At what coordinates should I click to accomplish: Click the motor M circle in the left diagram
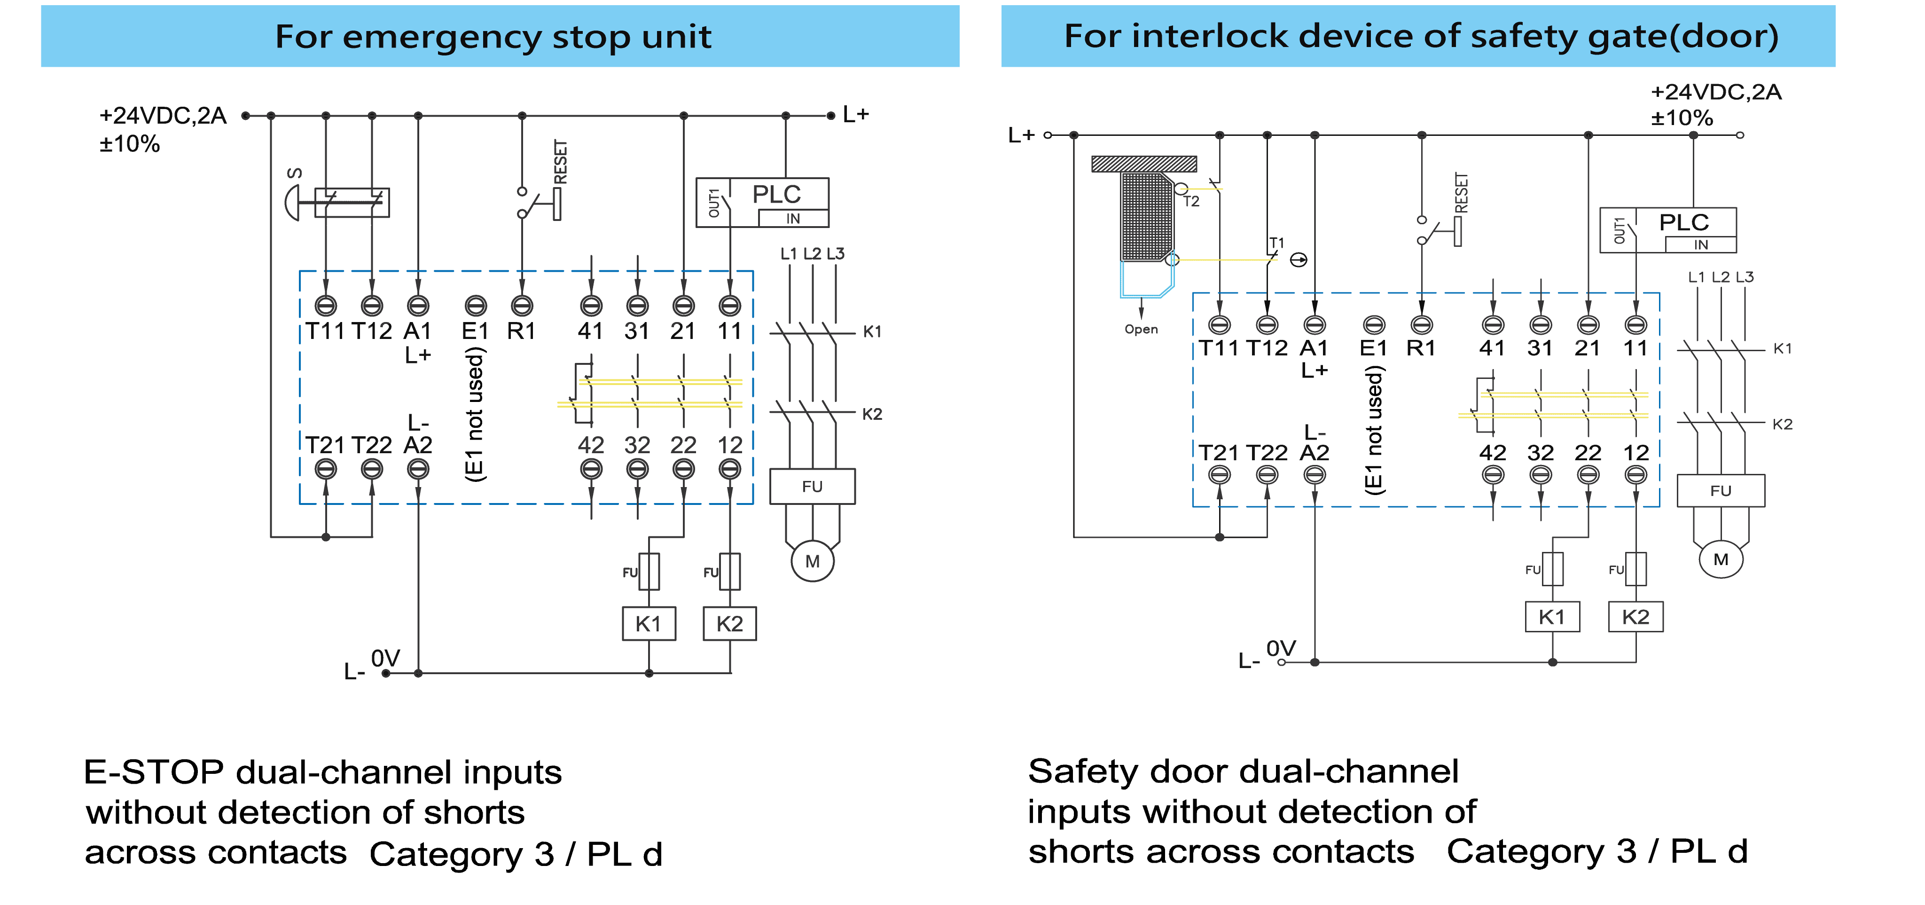[812, 561]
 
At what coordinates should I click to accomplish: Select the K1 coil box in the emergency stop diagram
[649, 623]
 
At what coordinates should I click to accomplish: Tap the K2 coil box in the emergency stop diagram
[729, 623]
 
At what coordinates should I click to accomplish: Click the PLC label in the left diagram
[776, 194]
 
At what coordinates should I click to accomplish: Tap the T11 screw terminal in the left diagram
[326, 305]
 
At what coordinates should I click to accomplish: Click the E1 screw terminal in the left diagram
[475, 305]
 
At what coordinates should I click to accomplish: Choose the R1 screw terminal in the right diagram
[1421, 324]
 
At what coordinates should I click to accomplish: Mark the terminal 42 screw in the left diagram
[591, 469]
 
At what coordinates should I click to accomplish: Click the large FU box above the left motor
[812, 487]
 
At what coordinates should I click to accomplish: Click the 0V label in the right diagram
[1281, 648]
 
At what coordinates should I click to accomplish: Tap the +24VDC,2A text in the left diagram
[163, 115]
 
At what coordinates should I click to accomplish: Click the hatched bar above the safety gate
[1143, 164]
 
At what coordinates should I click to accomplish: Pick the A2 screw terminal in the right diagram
[1315, 474]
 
